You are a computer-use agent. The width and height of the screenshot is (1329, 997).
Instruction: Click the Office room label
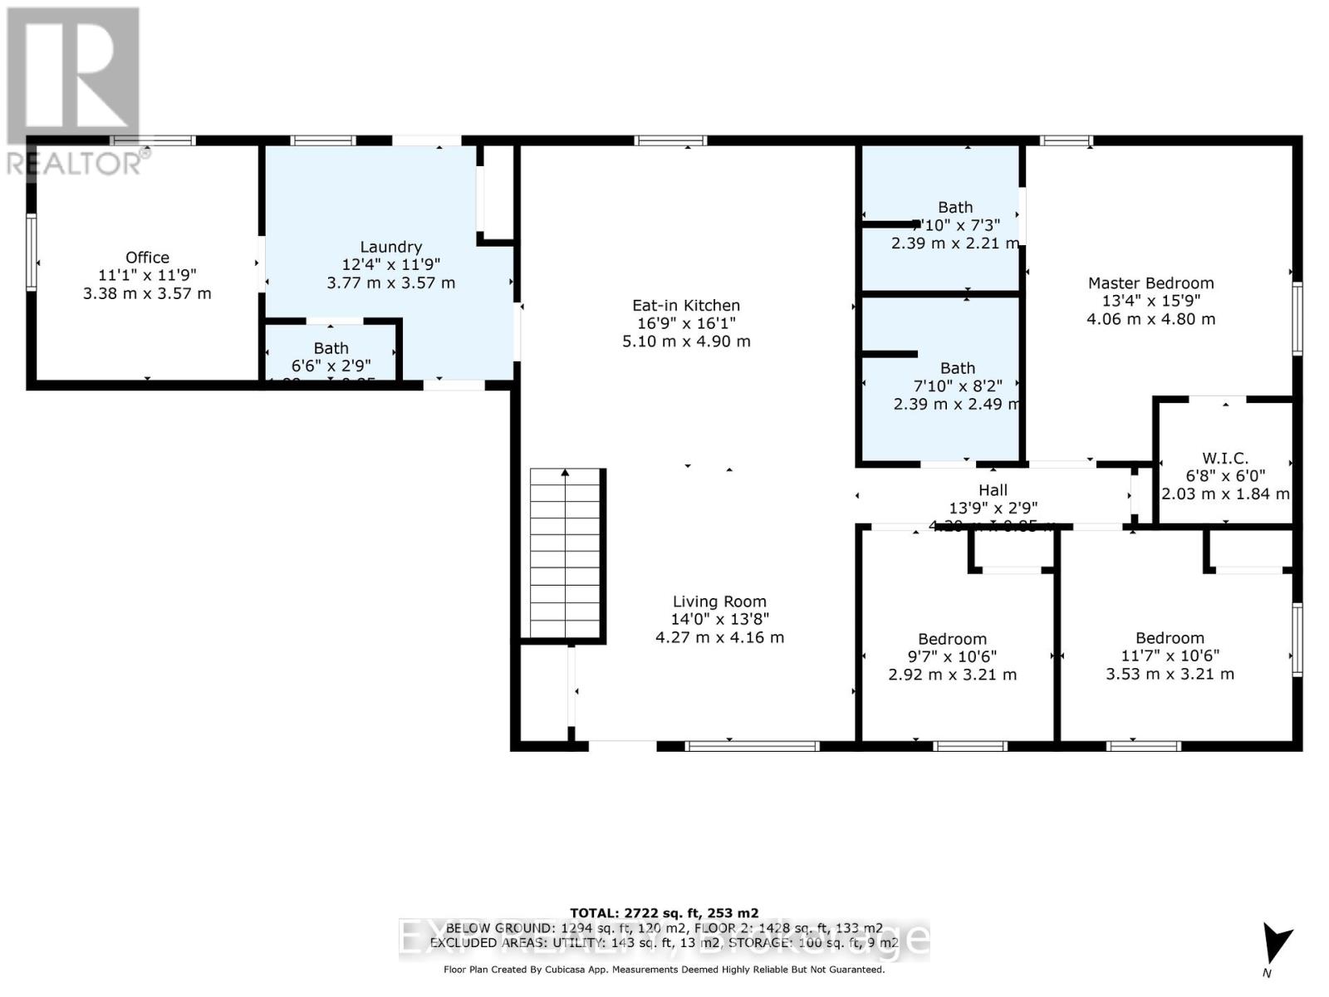click(147, 258)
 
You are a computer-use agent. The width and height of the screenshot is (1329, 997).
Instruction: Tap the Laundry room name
click(390, 247)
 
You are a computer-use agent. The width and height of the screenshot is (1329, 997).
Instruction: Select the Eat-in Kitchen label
click(686, 306)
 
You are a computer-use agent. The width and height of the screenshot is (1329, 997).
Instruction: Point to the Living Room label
click(719, 602)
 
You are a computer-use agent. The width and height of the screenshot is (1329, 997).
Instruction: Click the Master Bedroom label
click(1150, 283)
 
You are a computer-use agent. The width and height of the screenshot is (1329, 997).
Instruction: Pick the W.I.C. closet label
click(1224, 459)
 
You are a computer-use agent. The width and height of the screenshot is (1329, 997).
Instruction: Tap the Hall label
click(993, 490)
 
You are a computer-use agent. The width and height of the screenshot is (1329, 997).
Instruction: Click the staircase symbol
click(566, 553)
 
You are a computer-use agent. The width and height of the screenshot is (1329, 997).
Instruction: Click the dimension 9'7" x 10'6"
click(952, 656)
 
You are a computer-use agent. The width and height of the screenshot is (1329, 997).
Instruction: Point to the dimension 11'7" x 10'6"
click(1170, 656)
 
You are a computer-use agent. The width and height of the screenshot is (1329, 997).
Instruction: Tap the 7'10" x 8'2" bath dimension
click(957, 386)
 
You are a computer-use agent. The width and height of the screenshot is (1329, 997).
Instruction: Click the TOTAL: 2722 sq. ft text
click(664, 913)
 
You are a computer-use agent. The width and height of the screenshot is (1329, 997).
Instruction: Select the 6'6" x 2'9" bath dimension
click(331, 366)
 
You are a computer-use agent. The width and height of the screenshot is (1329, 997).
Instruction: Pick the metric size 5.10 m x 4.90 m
click(686, 341)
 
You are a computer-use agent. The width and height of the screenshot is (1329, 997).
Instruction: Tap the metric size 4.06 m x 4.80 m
click(1150, 319)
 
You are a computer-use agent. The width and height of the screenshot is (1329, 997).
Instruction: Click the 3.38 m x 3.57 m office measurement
click(147, 293)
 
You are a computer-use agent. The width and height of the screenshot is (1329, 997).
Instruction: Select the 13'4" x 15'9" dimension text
click(1150, 301)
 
